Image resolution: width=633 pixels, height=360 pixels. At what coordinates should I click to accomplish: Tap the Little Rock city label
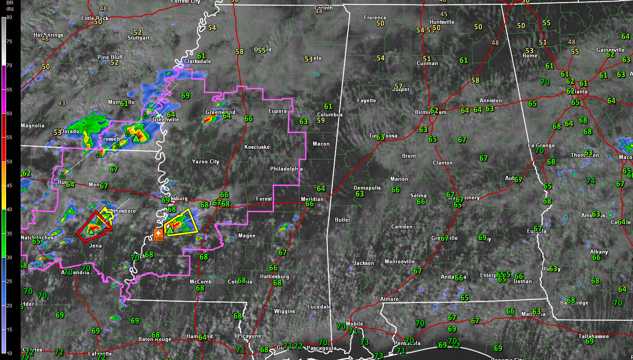click(x=95, y=18)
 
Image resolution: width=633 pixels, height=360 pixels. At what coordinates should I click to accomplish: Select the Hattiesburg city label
click(x=274, y=277)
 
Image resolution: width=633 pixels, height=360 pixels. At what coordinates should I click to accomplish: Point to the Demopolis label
click(x=367, y=188)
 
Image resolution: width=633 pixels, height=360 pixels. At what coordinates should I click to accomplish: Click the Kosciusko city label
click(x=257, y=147)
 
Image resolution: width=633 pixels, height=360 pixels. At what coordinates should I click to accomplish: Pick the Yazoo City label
click(x=205, y=161)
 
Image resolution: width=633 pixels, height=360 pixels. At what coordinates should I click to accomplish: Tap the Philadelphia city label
click(x=286, y=169)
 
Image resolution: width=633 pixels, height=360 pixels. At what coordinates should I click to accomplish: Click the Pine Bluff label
click(x=110, y=57)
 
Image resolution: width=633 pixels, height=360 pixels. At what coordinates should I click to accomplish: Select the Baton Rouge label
click(x=155, y=339)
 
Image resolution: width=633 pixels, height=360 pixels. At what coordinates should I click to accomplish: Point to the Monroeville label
click(x=400, y=261)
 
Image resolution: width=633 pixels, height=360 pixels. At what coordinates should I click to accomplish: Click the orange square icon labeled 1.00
click(x=158, y=234)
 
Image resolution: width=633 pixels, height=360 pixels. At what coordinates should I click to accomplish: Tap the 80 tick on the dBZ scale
click(x=9, y=17)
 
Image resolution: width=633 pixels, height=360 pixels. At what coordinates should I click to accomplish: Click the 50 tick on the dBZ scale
click(x=9, y=161)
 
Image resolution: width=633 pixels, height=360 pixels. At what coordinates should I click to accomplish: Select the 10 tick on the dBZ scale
click(x=9, y=353)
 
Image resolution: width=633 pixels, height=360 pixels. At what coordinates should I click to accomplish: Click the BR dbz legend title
click(x=10, y=5)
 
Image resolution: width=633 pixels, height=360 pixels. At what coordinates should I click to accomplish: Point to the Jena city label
click(x=95, y=246)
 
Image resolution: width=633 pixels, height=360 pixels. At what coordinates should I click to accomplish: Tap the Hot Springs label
click(x=48, y=35)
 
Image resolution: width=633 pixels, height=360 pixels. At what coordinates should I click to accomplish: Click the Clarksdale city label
click(x=197, y=61)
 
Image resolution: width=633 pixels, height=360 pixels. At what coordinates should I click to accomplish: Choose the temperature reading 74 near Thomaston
click(x=591, y=181)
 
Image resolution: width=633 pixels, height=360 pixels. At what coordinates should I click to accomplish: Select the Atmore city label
click(x=390, y=299)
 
